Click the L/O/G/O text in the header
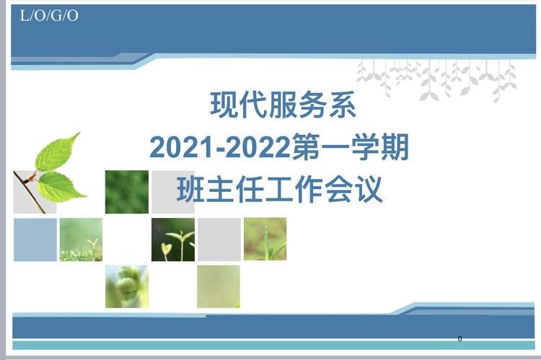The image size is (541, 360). [49, 16]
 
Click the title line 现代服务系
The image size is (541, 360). [283, 105]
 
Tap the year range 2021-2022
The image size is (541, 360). [221, 147]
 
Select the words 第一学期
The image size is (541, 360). [351, 147]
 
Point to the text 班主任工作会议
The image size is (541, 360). [279, 189]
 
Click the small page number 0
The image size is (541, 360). [459, 338]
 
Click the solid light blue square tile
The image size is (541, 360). [35, 240]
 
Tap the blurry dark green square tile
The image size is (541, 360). [127, 192]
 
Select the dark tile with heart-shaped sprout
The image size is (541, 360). [173, 240]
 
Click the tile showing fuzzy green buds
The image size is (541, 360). [127, 286]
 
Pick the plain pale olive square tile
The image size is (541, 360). [219, 286]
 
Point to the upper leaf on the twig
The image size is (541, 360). [57, 152]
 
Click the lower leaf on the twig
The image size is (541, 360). [61, 187]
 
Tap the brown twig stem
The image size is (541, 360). [30, 192]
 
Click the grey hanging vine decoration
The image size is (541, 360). [436, 80]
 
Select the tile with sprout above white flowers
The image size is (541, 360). [81, 240]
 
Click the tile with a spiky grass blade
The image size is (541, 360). [265, 239]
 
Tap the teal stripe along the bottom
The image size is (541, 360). [273, 345]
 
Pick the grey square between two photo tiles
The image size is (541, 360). [219, 240]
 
